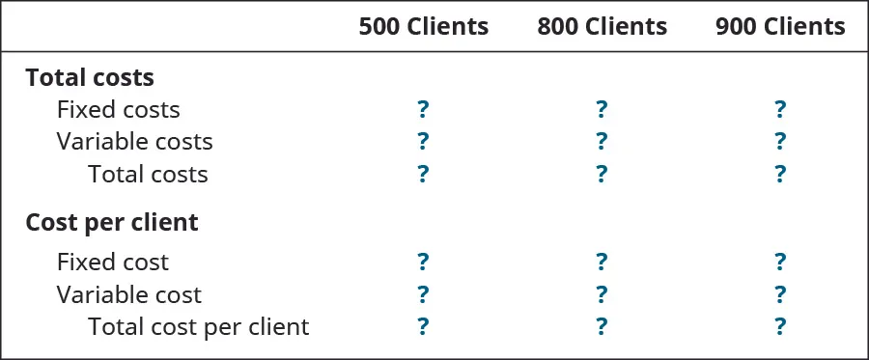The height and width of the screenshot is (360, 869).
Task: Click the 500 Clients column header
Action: click(x=423, y=27)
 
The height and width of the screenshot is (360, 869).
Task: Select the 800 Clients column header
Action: click(x=602, y=27)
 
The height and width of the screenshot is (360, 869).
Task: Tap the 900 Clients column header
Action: click(x=780, y=27)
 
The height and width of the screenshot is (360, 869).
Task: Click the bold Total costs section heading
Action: click(x=90, y=77)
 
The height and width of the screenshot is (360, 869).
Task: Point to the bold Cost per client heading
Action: click(x=112, y=223)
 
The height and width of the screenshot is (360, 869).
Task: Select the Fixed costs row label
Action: click(x=118, y=110)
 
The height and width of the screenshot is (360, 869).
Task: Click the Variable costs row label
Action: click(x=134, y=142)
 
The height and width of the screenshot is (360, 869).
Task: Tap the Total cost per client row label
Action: click(x=198, y=327)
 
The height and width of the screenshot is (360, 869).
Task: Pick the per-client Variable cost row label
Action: click(x=129, y=294)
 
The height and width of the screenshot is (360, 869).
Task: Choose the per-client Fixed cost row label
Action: click(x=113, y=263)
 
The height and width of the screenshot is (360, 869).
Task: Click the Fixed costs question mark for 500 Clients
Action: click(x=423, y=109)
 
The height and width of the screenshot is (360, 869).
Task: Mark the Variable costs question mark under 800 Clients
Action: click(x=602, y=142)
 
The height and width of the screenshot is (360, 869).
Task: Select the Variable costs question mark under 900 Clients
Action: click(x=780, y=142)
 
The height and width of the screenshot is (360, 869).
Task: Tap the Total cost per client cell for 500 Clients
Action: click(x=423, y=327)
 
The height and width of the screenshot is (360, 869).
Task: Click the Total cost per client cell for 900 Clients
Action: click(x=780, y=327)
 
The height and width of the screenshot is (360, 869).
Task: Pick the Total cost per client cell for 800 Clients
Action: click(x=602, y=327)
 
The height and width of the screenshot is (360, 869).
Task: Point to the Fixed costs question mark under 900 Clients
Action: click(x=780, y=109)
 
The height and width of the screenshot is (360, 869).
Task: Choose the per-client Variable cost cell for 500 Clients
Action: click(x=423, y=294)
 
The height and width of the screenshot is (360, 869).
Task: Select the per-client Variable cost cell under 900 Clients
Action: click(x=780, y=294)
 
